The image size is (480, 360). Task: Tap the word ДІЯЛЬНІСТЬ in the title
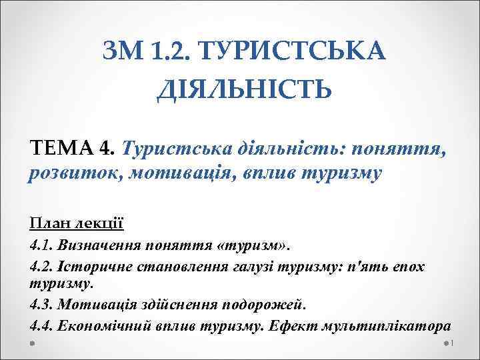(x=243, y=87)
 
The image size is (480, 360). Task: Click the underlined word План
(x=48, y=222)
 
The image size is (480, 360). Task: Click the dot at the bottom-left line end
(x=32, y=342)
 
